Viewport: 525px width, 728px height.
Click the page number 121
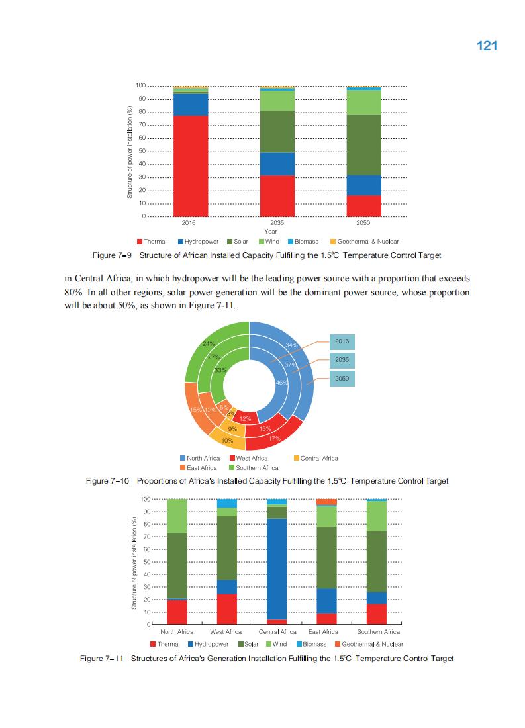[x=487, y=46]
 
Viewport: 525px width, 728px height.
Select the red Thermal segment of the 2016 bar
[x=191, y=165]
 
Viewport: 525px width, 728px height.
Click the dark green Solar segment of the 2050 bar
[x=363, y=144]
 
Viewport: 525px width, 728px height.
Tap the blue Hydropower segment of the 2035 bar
[x=277, y=163]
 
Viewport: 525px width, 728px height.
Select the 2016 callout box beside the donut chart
[x=342, y=341]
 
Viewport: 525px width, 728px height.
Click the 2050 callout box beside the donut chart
[x=342, y=378]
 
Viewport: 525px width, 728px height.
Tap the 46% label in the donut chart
[x=281, y=383]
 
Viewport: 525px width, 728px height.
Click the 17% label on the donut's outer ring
[x=275, y=438]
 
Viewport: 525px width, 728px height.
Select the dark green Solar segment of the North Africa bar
[x=177, y=565]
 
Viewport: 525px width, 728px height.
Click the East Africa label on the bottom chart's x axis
[x=323, y=632]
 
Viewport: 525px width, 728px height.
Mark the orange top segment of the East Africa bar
[x=327, y=502]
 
